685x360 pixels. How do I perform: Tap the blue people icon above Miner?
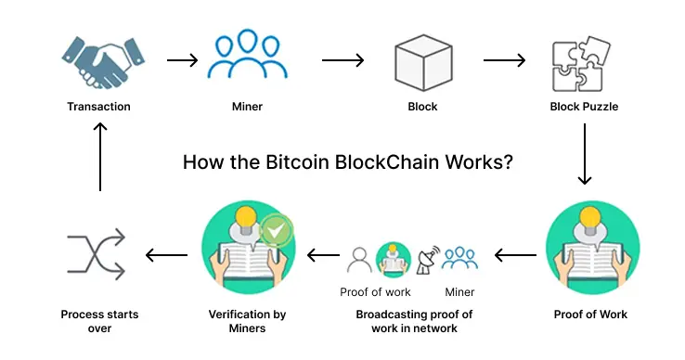point(246,59)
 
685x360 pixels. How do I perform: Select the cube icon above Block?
point(422,62)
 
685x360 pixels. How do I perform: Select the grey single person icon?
point(358,260)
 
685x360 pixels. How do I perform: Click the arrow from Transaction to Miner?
point(182,61)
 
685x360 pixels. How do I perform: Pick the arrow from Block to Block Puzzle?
point(505,61)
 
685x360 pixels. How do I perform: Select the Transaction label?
point(98,107)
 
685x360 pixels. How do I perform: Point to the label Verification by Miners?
point(246,321)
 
